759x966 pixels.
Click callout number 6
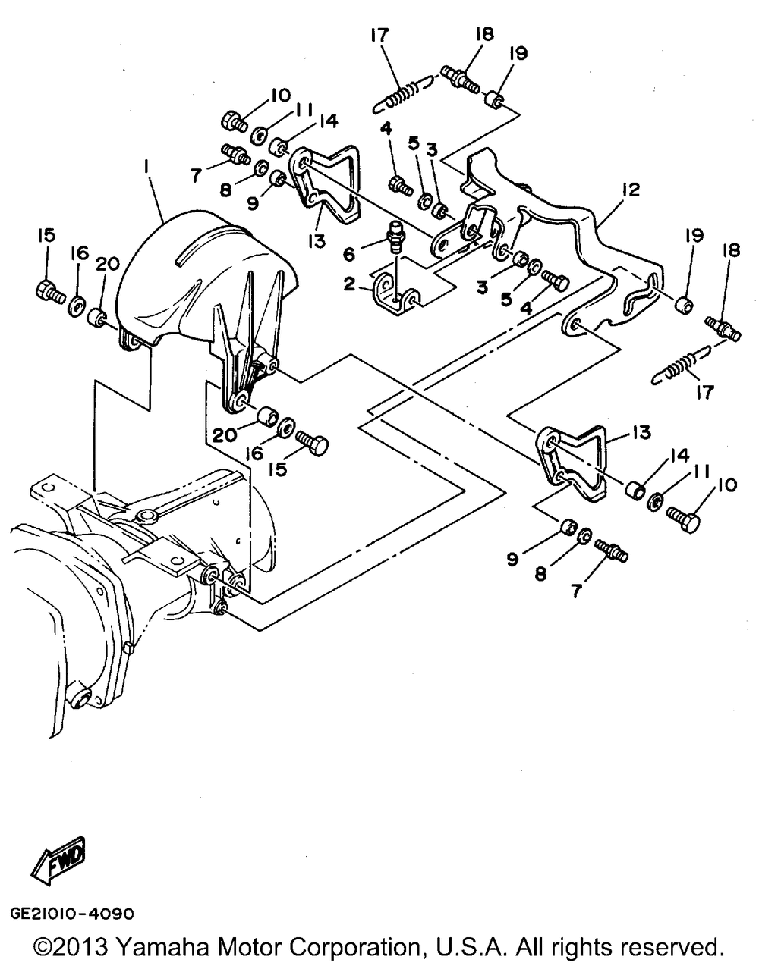coord(349,254)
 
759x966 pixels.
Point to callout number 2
coord(349,284)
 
